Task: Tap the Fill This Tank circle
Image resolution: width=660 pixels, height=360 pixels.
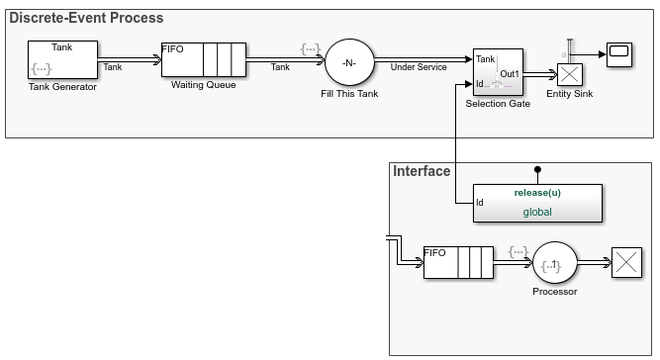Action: [x=348, y=63]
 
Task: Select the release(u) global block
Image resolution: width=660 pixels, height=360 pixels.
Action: [x=536, y=202]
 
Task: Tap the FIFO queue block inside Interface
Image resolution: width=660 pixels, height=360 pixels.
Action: [x=457, y=264]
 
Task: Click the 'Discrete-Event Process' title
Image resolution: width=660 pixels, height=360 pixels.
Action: [x=87, y=18]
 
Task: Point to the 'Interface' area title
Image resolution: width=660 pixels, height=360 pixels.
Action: [x=423, y=171]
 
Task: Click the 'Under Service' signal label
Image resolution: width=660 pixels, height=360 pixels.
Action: [x=419, y=67]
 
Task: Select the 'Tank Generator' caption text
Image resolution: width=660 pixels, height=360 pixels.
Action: [x=62, y=87]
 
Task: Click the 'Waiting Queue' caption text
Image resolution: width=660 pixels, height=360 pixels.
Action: [x=202, y=86]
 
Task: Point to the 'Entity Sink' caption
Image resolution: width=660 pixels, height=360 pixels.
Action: [x=569, y=93]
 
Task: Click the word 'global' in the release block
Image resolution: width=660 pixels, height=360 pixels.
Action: [x=537, y=211]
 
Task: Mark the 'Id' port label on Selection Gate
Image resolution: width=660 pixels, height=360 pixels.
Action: [x=481, y=84]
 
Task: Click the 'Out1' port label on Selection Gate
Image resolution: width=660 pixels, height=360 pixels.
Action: [x=511, y=73]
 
